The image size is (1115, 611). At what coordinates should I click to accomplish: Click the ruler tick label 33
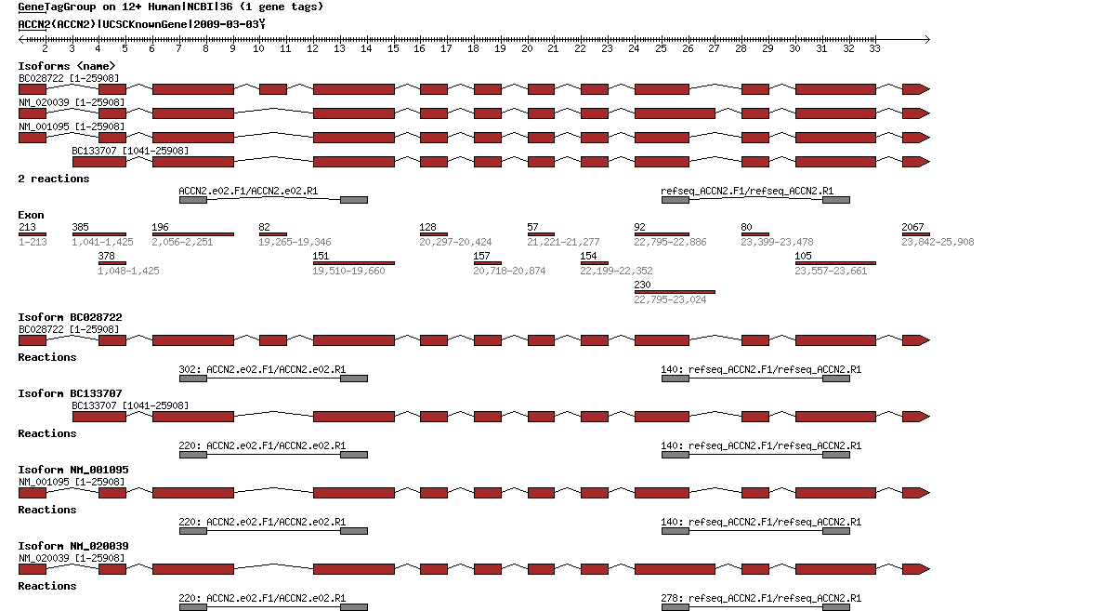point(874,48)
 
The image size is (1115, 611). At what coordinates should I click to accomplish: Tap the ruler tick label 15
point(393,48)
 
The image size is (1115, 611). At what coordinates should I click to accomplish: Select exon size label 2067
point(912,227)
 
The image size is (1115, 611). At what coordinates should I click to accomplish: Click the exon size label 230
point(642,285)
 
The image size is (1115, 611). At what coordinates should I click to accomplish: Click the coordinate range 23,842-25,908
point(938,242)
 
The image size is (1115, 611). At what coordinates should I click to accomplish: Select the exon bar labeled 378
point(112,263)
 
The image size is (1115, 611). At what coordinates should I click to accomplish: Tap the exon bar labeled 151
point(353,263)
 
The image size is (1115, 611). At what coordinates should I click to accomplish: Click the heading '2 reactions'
point(54,179)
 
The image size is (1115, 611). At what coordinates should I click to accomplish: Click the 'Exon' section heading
point(31,215)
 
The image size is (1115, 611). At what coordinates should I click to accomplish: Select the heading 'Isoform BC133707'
point(70,393)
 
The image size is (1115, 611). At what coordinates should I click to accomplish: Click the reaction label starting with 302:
point(262,369)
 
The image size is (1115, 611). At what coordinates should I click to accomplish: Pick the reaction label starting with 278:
point(761,598)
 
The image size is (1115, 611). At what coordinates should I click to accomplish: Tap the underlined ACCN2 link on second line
point(33,23)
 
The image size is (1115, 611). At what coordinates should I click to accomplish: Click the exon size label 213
point(27,227)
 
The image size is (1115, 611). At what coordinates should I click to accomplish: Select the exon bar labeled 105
point(835,263)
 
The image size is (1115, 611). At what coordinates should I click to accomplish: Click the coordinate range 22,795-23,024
point(670,299)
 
